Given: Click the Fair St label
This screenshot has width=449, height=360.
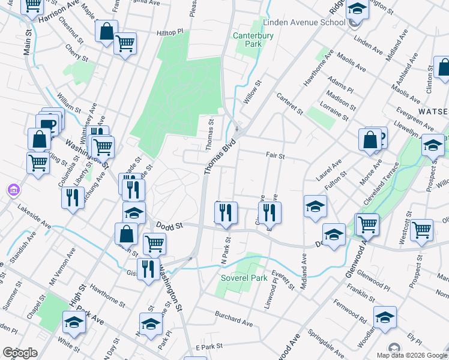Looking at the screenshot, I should click(x=275, y=155).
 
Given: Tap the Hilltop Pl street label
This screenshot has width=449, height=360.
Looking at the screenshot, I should click(x=169, y=33).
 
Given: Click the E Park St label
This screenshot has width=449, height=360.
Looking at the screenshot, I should click(x=209, y=347).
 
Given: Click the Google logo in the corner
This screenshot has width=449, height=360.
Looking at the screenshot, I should click(x=20, y=353).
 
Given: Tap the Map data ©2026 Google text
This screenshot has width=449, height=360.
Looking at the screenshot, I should click(x=412, y=355).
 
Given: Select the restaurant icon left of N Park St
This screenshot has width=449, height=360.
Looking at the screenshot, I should click(x=226, y=212).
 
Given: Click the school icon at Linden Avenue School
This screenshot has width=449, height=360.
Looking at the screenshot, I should click(x=357, y=10).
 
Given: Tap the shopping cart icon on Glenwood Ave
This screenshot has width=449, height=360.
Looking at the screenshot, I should click(x=367, y=224).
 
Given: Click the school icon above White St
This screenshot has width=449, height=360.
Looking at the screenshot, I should click(x=74, y=322).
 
